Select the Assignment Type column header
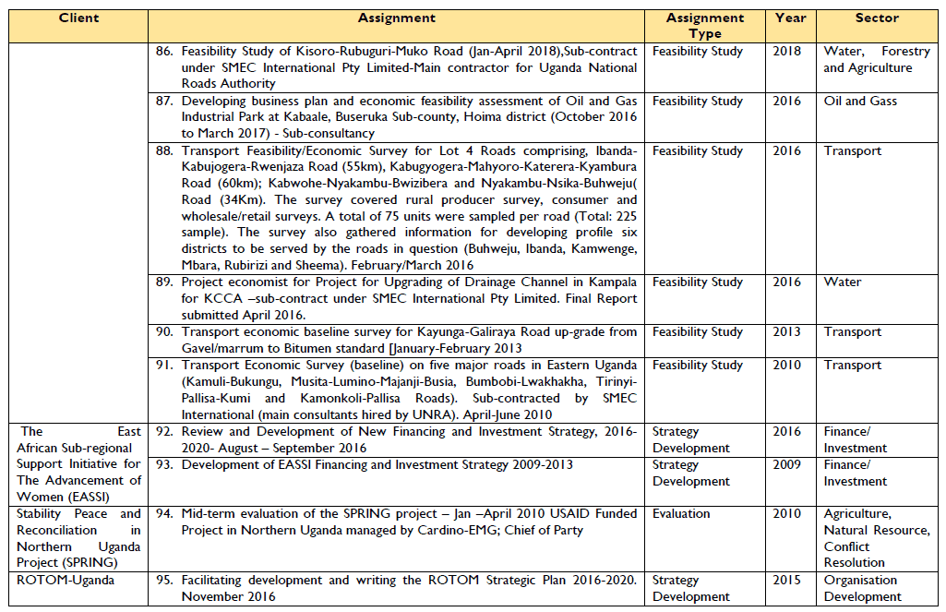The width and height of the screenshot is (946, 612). click(705, 26)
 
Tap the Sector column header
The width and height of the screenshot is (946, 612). click(877, 18)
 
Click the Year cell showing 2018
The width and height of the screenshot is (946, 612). click(790, 51)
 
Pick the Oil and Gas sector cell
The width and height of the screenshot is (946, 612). click(860, 101)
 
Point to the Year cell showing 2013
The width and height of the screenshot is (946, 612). click(790, 331)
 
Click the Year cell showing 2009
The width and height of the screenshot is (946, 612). click(790, 464)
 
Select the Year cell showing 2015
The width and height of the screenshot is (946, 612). click(790, 581)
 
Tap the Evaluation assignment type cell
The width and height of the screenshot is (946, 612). click(681, 514)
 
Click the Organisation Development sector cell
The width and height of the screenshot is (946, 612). click(860, 589)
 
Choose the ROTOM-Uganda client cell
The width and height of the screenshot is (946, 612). click(57, 581)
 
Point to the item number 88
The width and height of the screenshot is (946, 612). click(164, 151)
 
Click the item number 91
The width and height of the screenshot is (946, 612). click(164, 366)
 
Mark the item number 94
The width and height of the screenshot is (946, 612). click(164, 514)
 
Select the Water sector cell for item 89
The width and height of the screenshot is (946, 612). click(843, 282)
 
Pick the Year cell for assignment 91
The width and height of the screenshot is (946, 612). click(790, 365)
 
